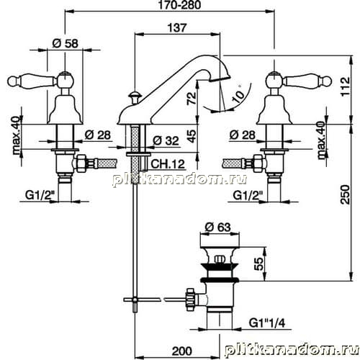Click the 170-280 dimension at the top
click(179, 5)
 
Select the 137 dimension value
click(177, 28)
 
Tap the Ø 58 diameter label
click(66, 44)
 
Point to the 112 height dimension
click(346, 86)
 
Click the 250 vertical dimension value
click(345, 194)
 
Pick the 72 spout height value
click(192, 99)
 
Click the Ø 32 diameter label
click(166, 141)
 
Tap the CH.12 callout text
click(168, 164)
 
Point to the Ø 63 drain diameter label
click(218, 228)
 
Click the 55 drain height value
click(258, 264)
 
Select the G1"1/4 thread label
click(267, 323)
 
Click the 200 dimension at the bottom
click(181, 351)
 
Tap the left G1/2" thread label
click(39, 196)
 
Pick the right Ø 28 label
click(243, 135)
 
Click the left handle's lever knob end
click(12, 81)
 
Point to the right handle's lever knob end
click(327, 81)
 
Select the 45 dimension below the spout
click(192, 136)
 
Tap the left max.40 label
click(16, 135)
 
